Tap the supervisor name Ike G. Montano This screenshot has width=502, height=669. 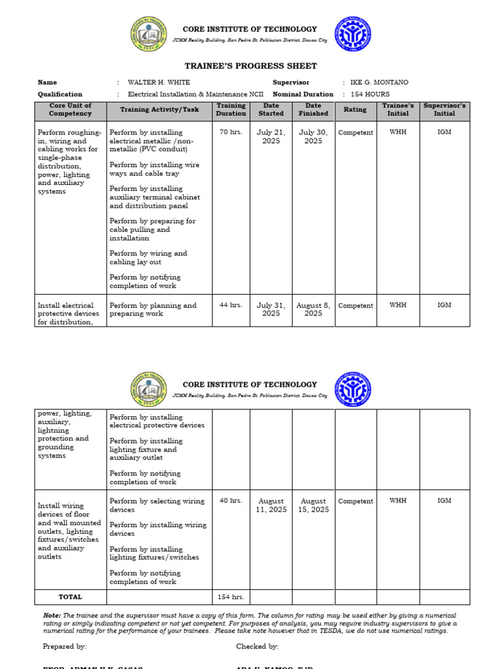379,82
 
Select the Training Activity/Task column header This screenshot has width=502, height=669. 159,110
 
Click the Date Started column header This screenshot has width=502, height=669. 271,110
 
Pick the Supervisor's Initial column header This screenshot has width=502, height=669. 444,110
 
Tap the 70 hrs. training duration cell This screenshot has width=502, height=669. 231,133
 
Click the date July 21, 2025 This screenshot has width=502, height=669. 271,137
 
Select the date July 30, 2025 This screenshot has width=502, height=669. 313,137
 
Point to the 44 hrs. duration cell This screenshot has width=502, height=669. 231,305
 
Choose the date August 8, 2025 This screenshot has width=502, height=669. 313,309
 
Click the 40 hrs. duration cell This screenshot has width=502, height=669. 231,501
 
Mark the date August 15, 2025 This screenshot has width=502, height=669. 313,505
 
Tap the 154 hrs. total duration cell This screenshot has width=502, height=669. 231,597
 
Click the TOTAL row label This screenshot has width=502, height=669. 70,596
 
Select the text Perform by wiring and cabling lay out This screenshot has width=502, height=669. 148,257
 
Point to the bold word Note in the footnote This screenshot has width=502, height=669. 51,615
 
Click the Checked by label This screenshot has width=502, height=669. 257,646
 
